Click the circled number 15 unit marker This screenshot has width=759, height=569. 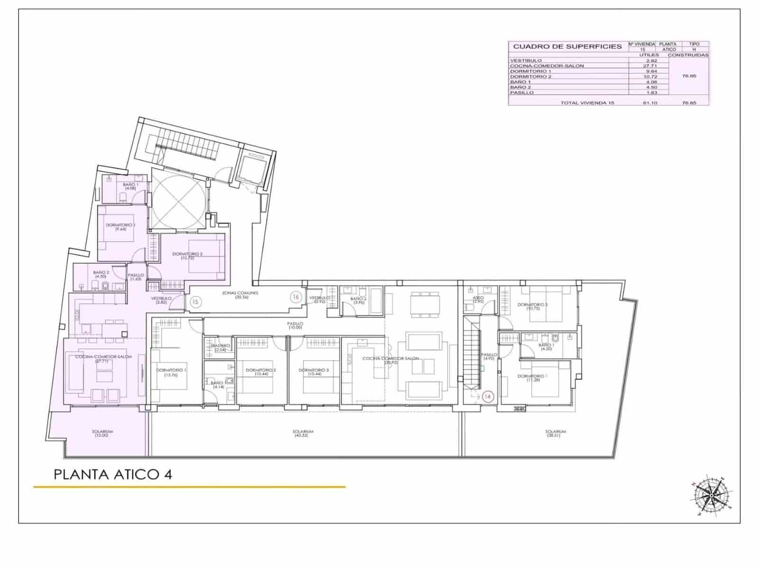click(195, 301)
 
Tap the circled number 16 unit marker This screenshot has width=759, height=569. click(296, 297)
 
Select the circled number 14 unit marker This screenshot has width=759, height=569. click(488, 396)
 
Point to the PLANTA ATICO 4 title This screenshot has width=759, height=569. click(113, 475)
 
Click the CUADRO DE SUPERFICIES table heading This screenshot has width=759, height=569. click(567, 46)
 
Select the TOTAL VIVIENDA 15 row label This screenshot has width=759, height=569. click(587, 102)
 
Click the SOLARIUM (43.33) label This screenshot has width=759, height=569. click(304, 433)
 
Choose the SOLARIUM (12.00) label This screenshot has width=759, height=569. click(102, 433)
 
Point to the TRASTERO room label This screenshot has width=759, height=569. click(220, 348)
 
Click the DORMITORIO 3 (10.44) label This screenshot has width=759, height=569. click(314, 372)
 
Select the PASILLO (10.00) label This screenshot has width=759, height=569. click(295, 325)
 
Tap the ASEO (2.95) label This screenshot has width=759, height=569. click(478, 300)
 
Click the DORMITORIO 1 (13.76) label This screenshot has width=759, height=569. click(171, 372)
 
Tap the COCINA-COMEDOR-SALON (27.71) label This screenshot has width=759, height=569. click(103, 359)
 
